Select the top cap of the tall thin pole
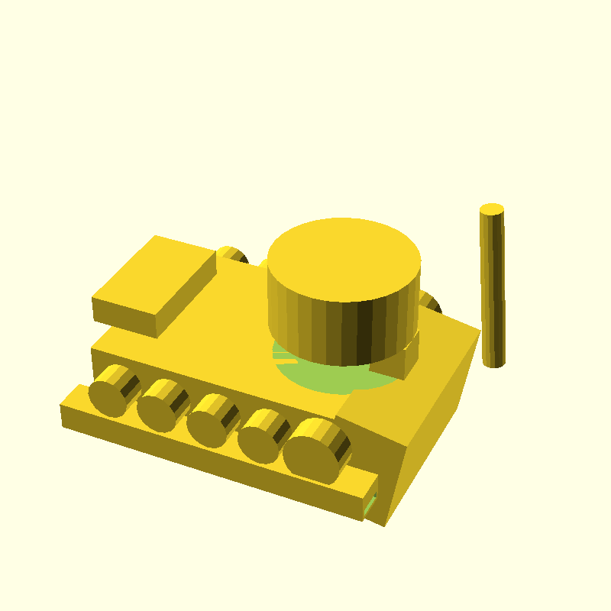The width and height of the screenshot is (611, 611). [492, 209]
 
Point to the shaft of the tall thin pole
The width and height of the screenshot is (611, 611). [492, 290]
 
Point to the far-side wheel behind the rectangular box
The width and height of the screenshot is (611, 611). [232, 254]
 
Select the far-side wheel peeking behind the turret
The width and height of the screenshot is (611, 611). [430, 303]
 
